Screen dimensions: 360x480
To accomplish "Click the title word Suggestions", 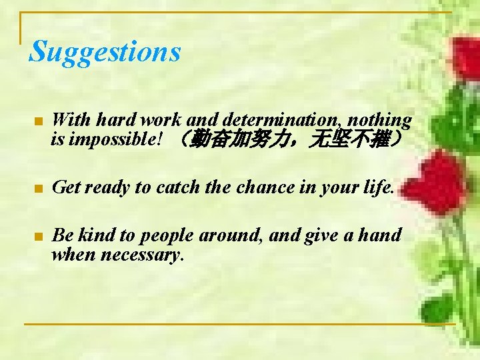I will point(105,52).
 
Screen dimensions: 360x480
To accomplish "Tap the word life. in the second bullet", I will point(379,187).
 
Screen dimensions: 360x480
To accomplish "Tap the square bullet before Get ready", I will point(38,189).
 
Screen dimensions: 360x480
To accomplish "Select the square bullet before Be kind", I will point(38,236).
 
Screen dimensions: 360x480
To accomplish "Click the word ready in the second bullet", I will point(107,188).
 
